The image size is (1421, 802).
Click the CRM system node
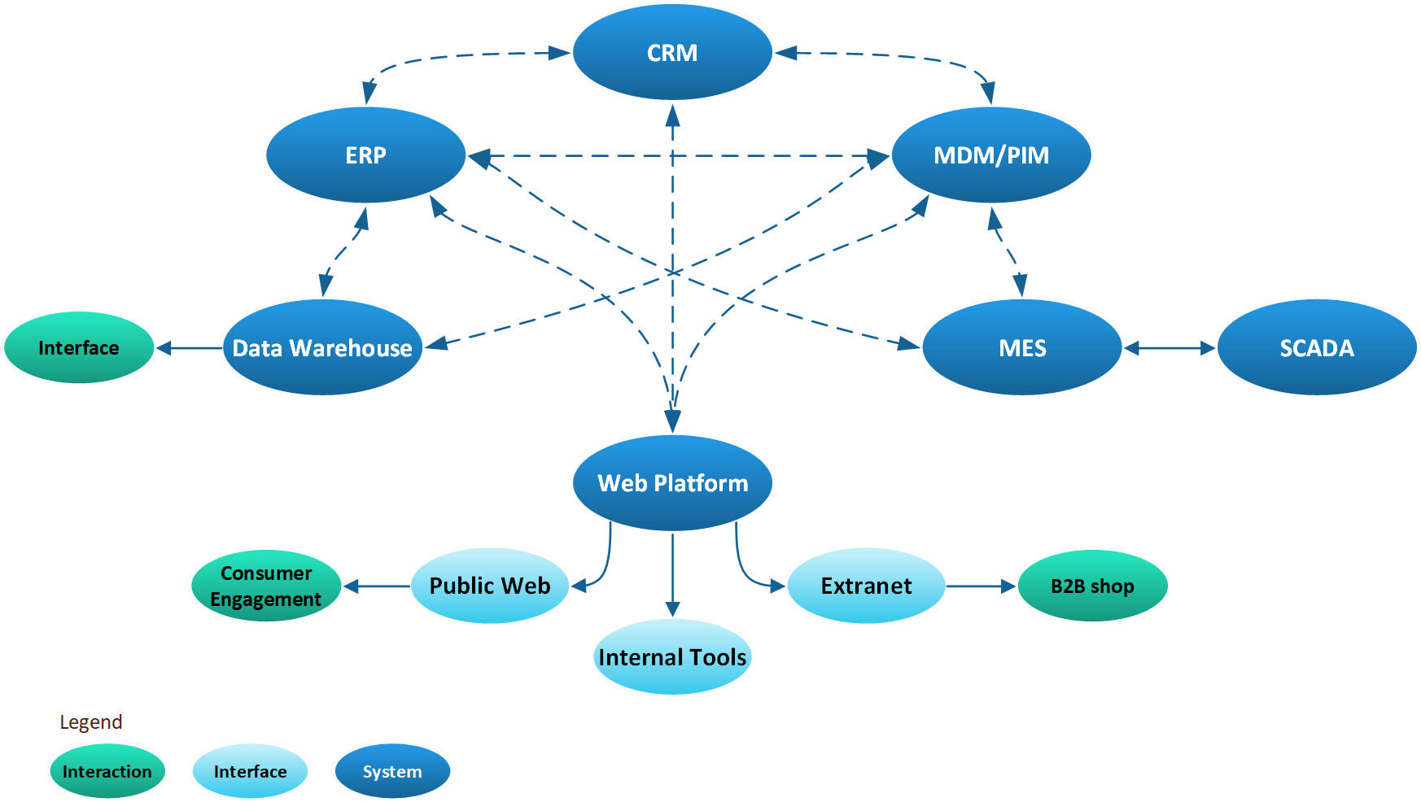coord(672,53)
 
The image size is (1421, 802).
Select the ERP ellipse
coord(365,155)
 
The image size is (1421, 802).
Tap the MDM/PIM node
coord(991,155)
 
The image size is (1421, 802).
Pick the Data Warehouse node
coord(322,348)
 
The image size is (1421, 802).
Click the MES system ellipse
coord(1022,348)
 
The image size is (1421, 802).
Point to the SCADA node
coord(1317,348)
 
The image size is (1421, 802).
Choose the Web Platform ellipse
coord(672,483)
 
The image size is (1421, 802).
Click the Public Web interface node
coord(490,586)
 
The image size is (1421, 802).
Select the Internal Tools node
coord(672,657)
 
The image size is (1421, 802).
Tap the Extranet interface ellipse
coord(866,586)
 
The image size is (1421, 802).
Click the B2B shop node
coord(1092,586)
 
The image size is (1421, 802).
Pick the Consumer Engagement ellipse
coord(266,586)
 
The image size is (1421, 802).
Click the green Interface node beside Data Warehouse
coord(79,348)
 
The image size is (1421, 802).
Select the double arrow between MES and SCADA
coord(1170,348)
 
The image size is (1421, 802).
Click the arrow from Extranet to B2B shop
coord(981,586)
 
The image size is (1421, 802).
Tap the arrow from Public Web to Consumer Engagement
coord(377,586)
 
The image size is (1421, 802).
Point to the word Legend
coord(91,722)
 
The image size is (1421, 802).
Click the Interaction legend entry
coord(107,771)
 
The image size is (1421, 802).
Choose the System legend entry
coord(392,771)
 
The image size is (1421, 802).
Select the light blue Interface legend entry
coord(250,771)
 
